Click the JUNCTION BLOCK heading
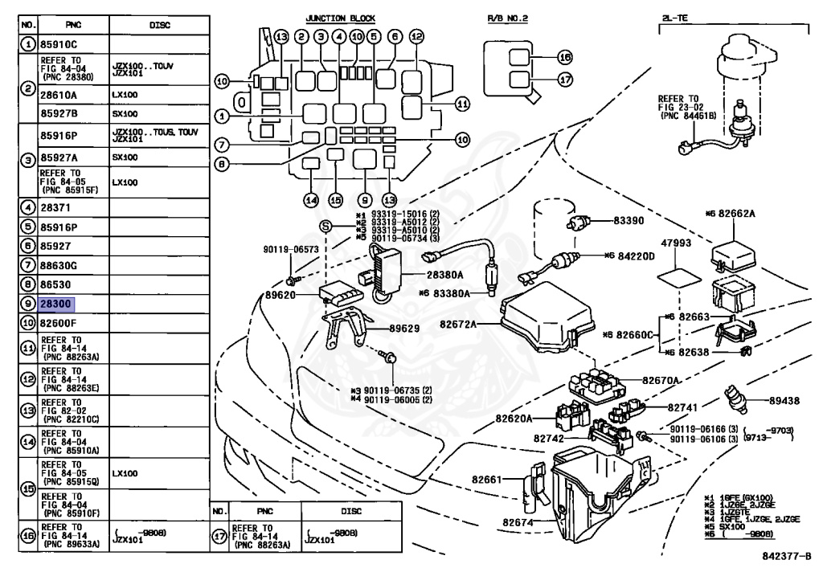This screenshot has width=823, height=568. [340, 18]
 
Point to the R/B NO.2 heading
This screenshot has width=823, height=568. [507, 18]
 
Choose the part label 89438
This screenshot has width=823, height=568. [783, 398]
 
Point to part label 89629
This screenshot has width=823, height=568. [406, 329]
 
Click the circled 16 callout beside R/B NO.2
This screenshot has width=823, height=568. [564, 58]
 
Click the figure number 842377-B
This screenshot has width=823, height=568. [785, 555]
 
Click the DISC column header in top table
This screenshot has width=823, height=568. [159, 26]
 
